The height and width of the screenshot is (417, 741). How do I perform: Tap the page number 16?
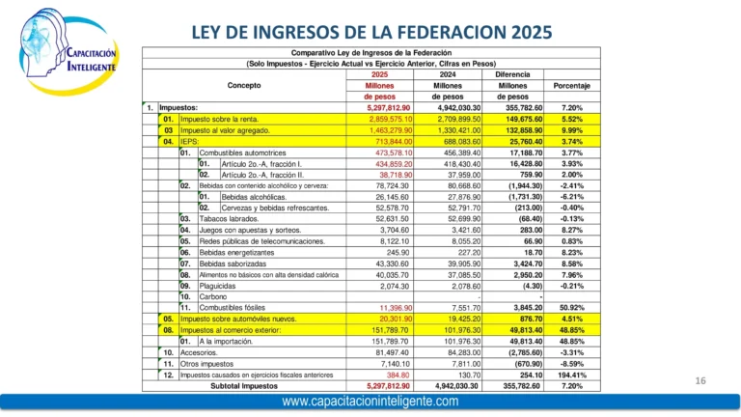tap(702, 382)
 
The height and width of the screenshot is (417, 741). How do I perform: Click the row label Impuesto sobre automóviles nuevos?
tap(243, 319)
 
